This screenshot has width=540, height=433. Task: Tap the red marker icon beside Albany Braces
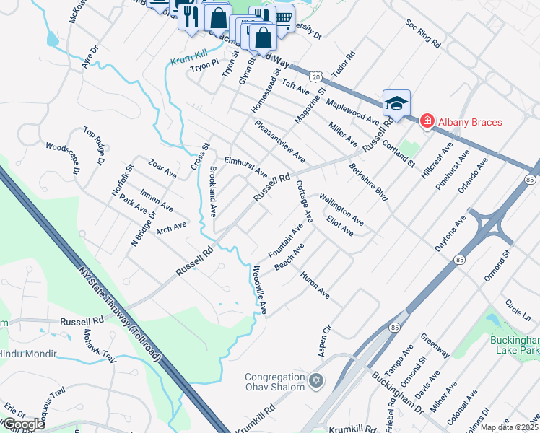[427, 121]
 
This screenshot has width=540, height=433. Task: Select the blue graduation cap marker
[396, 104]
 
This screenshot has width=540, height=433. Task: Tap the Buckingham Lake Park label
[515, 344]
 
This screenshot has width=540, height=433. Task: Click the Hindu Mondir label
[30, 354]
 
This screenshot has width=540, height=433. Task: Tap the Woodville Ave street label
[259, 291]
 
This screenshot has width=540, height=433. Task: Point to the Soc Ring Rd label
[422, 33]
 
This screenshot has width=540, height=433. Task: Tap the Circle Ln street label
[518, 310]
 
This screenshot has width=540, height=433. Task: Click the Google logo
[23, 425]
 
